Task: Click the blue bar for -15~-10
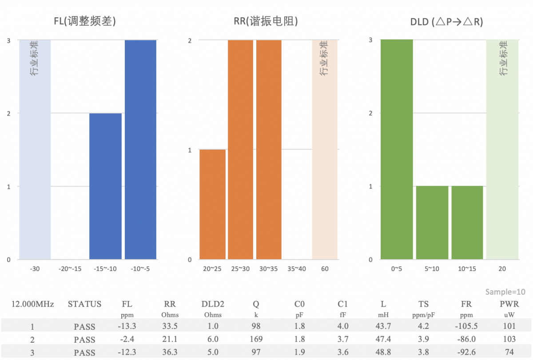[105, 186]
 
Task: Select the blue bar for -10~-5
[140, 150]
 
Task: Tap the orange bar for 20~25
[212, 204]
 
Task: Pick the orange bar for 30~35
[269, 150]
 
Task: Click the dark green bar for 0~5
[397, 150]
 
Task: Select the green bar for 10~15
[467, 223]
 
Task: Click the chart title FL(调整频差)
[85, 21]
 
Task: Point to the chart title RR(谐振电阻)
[266, 21]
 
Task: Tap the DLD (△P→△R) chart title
[446, 21]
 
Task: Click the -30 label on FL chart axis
[35, 269]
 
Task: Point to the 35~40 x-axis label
[297, 269]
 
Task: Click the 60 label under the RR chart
[325, 269]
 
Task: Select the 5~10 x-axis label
[432, 269]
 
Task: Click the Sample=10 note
[505, 292]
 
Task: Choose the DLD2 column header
[213, 304]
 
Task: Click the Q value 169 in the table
[256, 340]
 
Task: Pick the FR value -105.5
[467, 327]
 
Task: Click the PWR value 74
[509, 352]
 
